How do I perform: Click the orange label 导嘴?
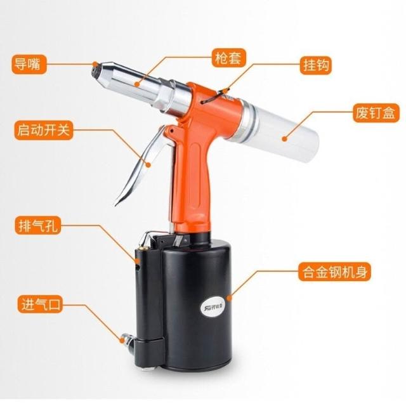(29, 64)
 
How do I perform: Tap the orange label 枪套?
(228, 58)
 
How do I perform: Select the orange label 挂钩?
(316, 65)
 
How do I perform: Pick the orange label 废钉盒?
(376, 113)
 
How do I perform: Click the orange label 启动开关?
(44, 130)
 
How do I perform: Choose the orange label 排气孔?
(38, 225)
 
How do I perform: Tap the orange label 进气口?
(40, 304)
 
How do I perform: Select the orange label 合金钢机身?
(334, 272)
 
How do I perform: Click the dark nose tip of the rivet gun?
(96, 70)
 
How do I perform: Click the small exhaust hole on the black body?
(138, 266)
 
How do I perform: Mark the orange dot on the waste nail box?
(285, 139)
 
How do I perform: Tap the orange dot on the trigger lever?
(148, 164)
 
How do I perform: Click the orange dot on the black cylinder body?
(229, 298)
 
